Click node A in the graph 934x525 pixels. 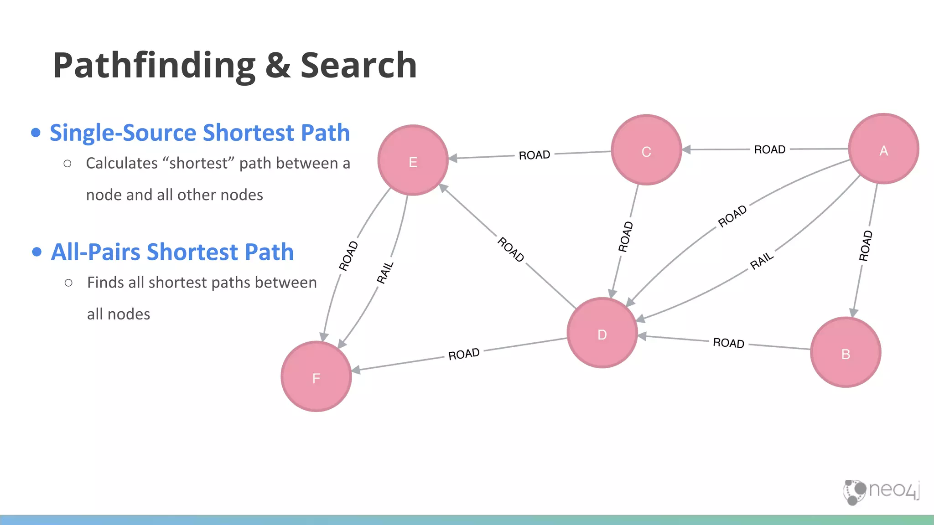pyautogui.click(x=883, y=149)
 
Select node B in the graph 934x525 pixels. pyautogui.click(x=846, y=353)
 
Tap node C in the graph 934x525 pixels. pyautogui.click(x=646, y=150)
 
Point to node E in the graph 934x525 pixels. pyautogui.click(x=413, y=160)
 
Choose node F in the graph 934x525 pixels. pyautogui.click(x=316, y=377)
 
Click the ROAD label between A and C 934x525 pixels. pyautogui.click(x=769, y=149)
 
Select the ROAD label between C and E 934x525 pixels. pyautogui.click(x=534, y=155)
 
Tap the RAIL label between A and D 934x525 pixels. pyautogui.click(x=762, y=261)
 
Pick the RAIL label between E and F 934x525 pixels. pyautogui.click(x=384, y=273)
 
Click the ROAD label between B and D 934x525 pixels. pyautogui.click(x=728, y=343)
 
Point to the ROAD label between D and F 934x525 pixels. pyautogui.click(x=463, y=354)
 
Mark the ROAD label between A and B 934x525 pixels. pyautogui.click(x=865, y=246)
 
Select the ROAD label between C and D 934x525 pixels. pyautogui.click(x=625, y=237)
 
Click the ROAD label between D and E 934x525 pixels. pyautogui.click(x=510, y=249)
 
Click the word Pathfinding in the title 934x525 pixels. pyautogui.click(x=154, y=66)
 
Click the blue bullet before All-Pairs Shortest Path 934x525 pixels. pyautogui.click(x=37, y=252)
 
